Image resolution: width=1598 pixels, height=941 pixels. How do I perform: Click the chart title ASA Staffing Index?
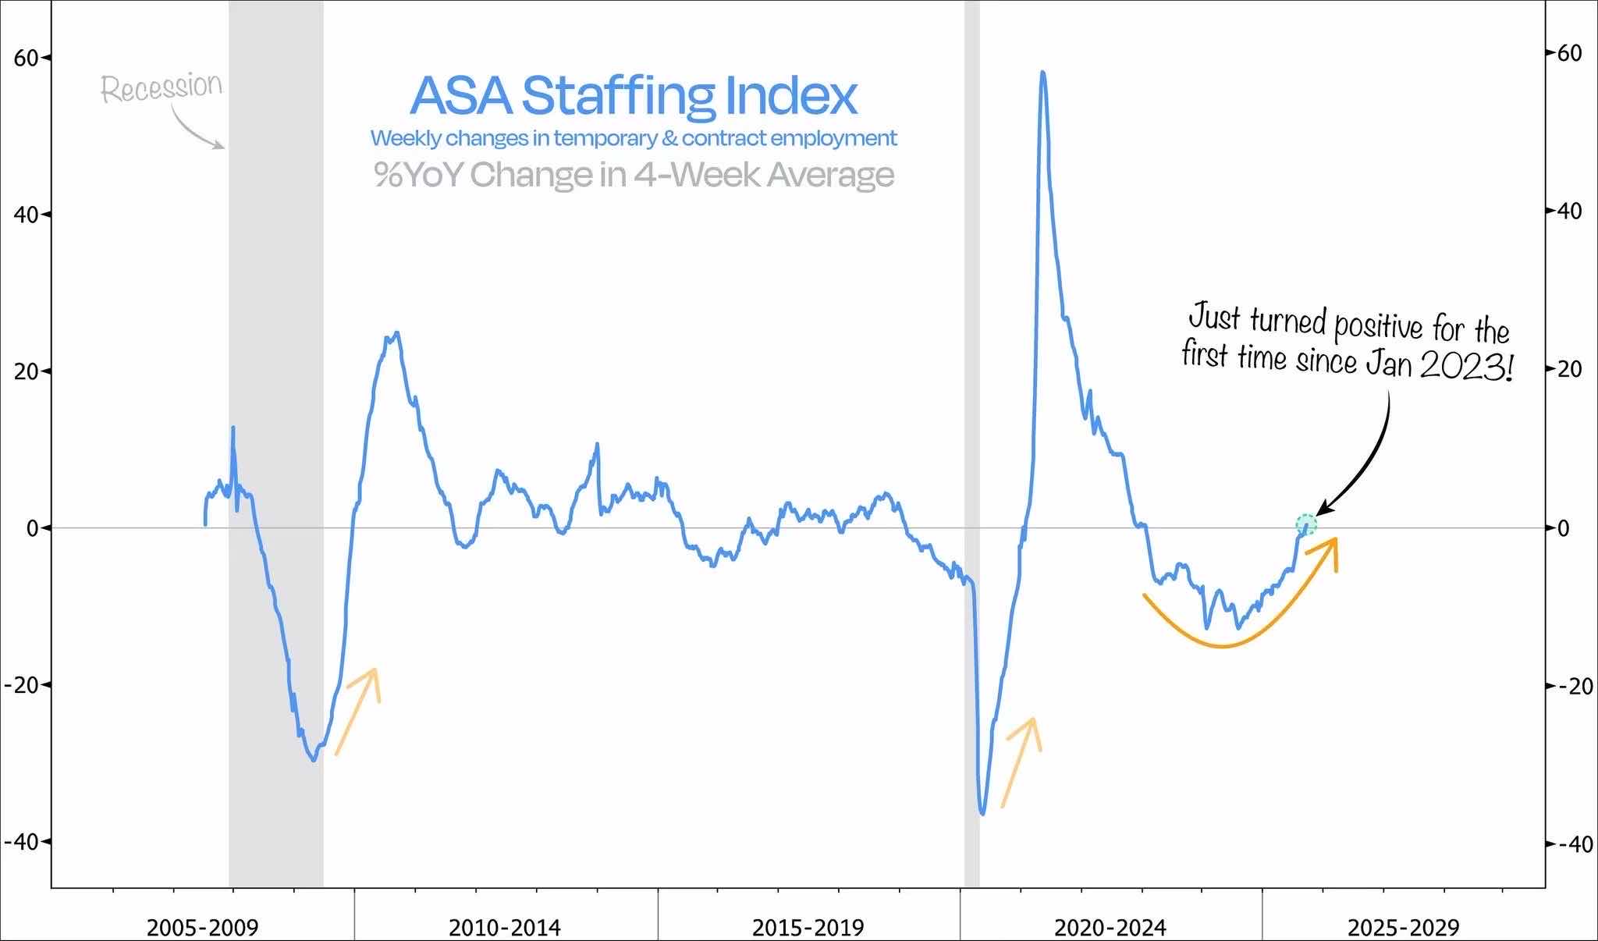tap(633, 95)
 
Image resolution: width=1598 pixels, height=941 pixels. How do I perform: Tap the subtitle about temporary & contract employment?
tap(633, 138)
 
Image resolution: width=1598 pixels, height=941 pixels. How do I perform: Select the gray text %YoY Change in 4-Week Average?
tap(633, 174)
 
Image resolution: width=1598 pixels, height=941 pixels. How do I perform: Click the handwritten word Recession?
tap(162, 87)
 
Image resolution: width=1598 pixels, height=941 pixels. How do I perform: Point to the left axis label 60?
tap(27, 58)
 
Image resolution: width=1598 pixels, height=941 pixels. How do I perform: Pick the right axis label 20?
tap(1569, 369)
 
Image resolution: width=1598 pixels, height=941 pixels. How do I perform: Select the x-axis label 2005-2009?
tap(202, 928)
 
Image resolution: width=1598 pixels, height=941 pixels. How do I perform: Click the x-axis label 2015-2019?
tap(808, 928)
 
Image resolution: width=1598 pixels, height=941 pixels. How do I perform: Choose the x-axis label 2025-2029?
tap(1403, 928)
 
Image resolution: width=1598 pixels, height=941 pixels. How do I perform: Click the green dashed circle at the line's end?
tap(1306, 524)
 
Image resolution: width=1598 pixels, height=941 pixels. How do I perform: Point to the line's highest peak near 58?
tap(1042, 73)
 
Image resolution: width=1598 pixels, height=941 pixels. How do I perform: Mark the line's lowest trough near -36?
tap(982, 813)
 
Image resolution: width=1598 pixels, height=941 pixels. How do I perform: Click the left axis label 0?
tap(32, 528)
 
